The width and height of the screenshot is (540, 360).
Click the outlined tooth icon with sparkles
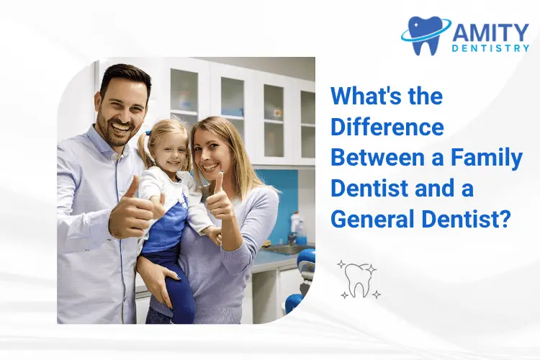click(x=358, y=279)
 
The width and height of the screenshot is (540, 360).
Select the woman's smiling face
click(x=210, y=150)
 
